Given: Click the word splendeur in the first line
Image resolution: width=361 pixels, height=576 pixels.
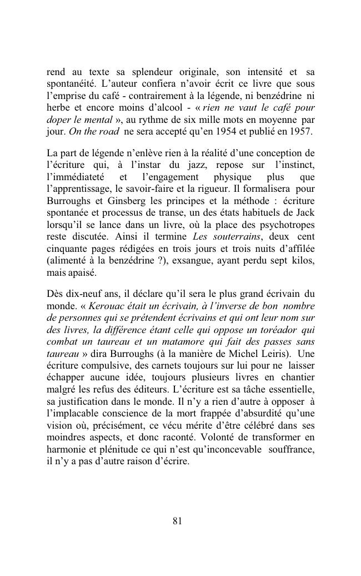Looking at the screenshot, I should (x=151, y=72).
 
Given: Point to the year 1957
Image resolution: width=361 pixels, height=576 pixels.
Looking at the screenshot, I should (x=302, y=133).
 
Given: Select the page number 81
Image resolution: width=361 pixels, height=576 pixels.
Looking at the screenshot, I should (x=178, y=521).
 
